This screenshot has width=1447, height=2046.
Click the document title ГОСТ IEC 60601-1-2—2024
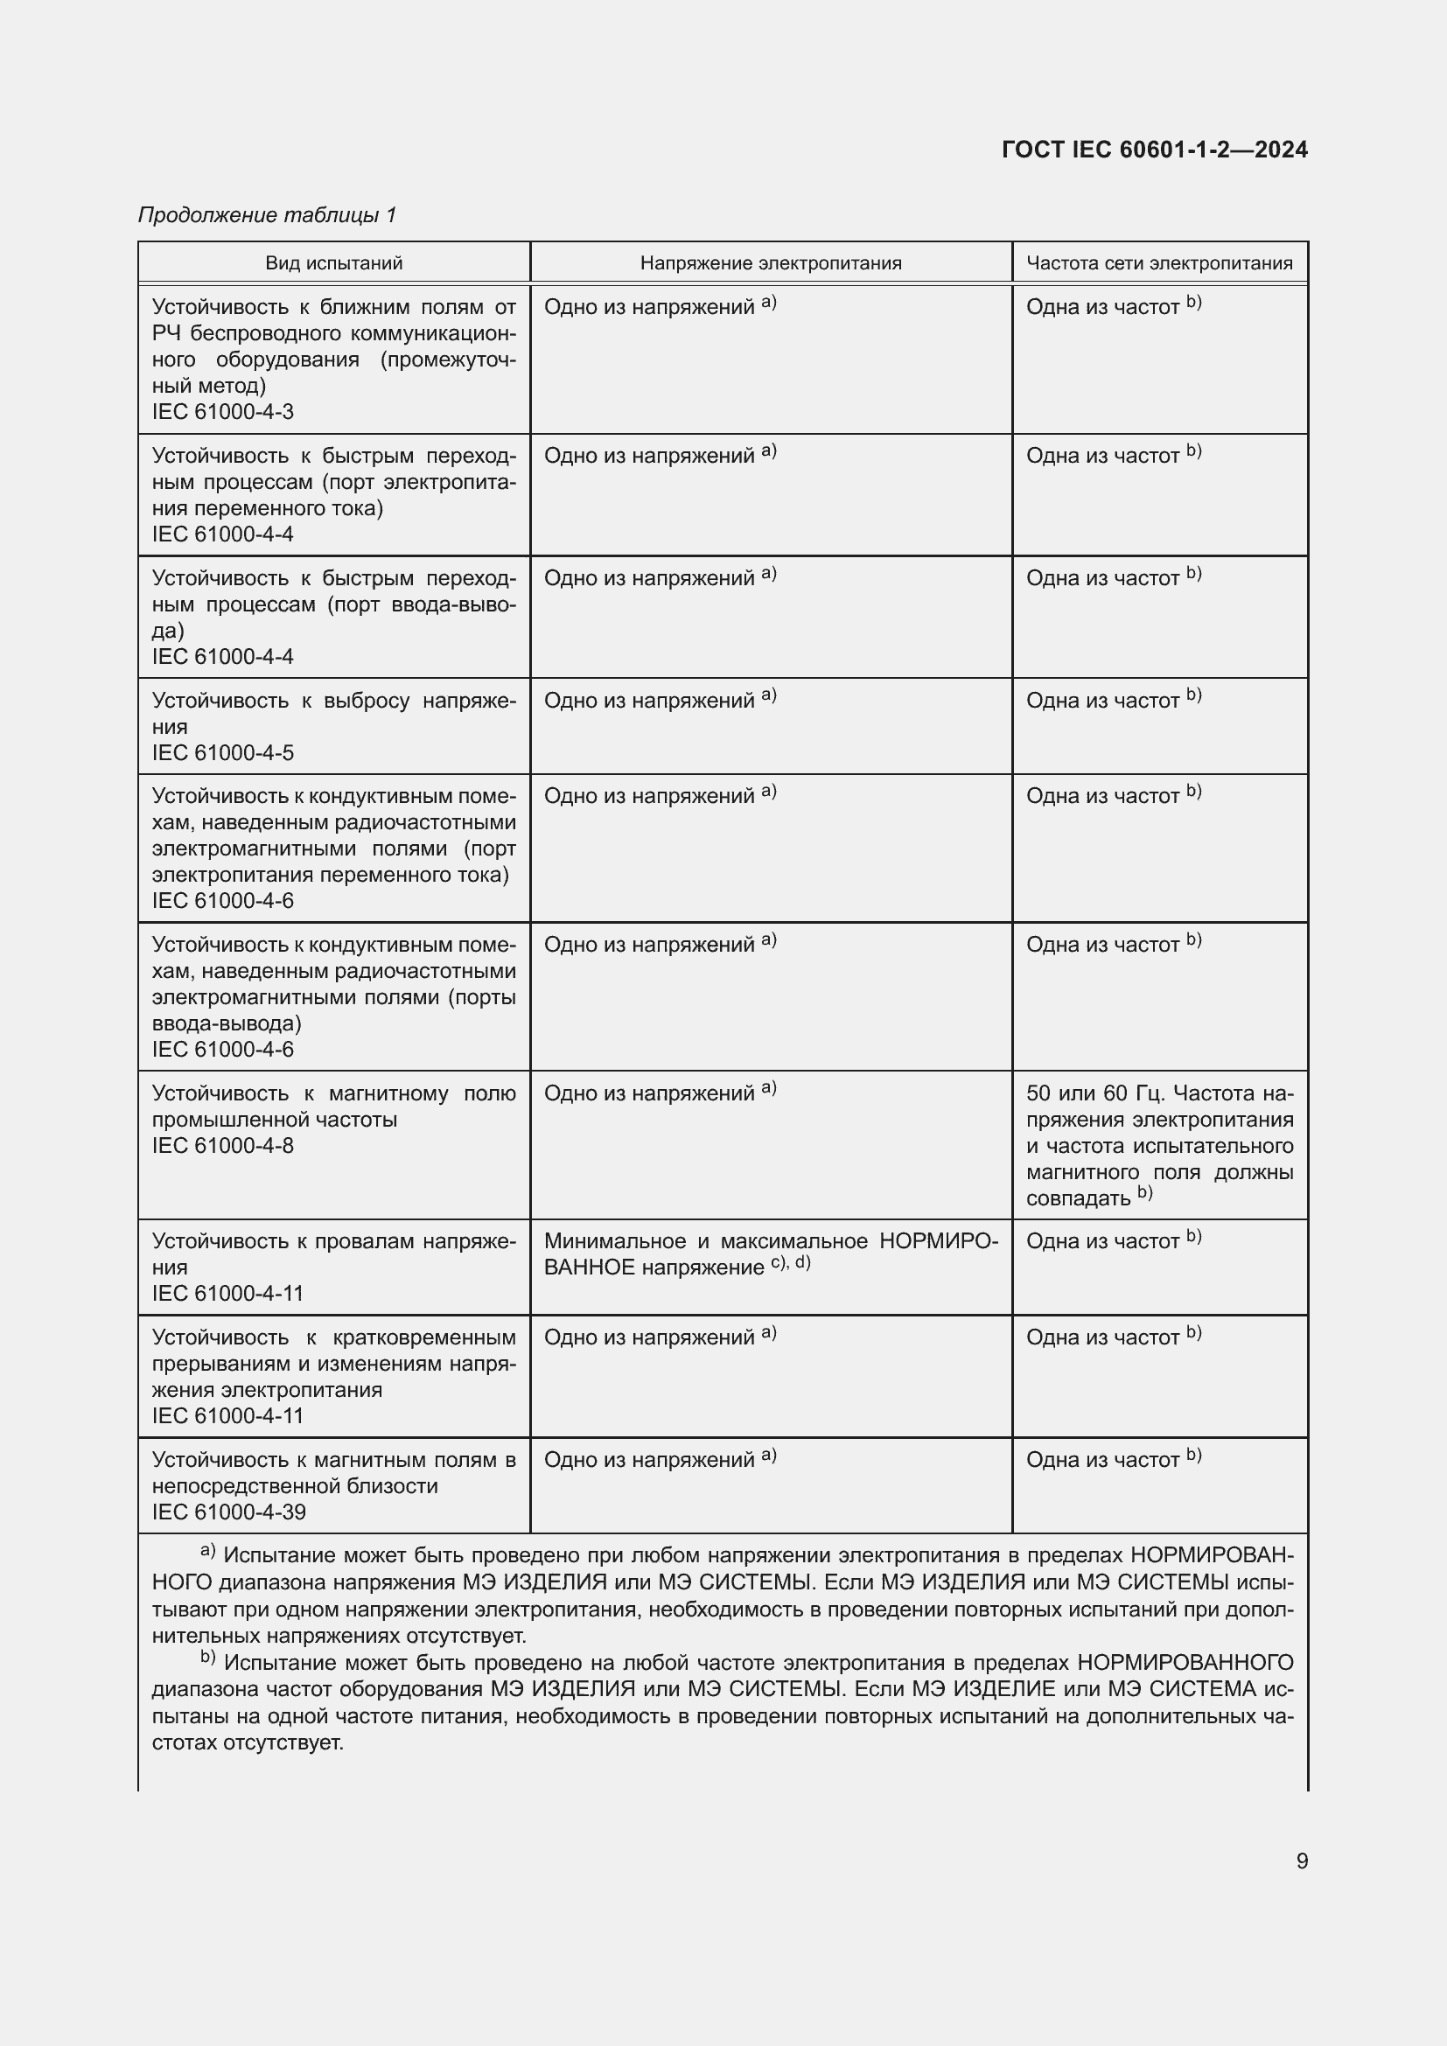click(x=1154, y=150)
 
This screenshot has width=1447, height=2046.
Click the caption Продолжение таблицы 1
click(x=268, y=215)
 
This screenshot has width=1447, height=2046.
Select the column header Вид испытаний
click(x=333, y=263)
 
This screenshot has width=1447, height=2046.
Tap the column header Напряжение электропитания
click(x=770, y=263)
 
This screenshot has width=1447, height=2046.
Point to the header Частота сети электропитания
click(x=1158, y=263)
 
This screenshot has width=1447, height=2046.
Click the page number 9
click(x=1302, y=1861)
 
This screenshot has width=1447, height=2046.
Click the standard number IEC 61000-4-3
click(x=223, y=412)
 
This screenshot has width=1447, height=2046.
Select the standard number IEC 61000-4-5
click(x=223, y=753)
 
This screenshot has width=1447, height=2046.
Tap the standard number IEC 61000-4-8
click(x=223, y=1146)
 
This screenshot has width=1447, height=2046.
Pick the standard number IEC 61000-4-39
click(x=228, y=1512)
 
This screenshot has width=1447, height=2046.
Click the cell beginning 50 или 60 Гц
click(x=1158, y=1145)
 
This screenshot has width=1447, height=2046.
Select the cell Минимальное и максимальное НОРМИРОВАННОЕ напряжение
click(x=770, y=1253)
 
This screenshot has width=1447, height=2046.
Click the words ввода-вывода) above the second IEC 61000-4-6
click(x=227, y=1023)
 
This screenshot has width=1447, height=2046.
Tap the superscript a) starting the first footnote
click(x=207, y=1552)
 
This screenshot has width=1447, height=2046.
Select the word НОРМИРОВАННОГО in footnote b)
click(x=1185, y=1663)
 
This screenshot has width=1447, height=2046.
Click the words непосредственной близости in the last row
click(x=294, y=1486)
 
